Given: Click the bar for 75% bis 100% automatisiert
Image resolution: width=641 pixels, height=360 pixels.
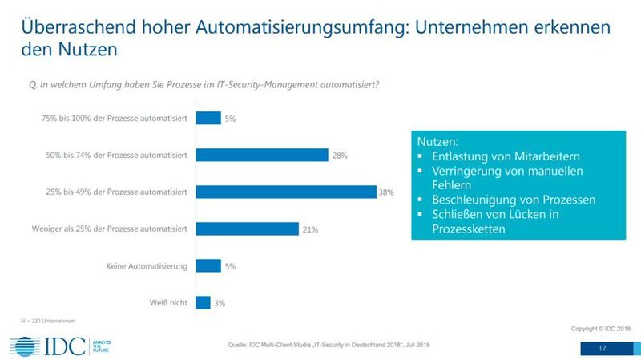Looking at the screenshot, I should click(x=208, y=118).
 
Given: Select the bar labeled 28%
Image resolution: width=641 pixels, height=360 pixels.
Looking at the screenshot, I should click(x=261, y=155).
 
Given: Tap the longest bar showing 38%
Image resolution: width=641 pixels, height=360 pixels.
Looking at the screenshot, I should click(x=285, y=192).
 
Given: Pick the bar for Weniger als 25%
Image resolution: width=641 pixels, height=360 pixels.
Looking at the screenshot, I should click(x=247, y=229).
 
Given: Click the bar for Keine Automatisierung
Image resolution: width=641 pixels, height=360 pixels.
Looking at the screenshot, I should click(x=208, y=265).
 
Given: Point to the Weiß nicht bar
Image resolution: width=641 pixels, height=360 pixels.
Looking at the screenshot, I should click(x=203, y=302).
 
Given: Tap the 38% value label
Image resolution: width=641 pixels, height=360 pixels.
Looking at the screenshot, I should click(x=386, y=193).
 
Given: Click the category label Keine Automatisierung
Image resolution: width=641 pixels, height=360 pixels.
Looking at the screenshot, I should click(x=147, y=266).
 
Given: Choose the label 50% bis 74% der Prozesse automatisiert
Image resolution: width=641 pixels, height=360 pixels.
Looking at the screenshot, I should click(x=117, y=156).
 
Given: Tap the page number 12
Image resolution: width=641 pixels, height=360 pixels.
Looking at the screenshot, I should click(x=603, y=349).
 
